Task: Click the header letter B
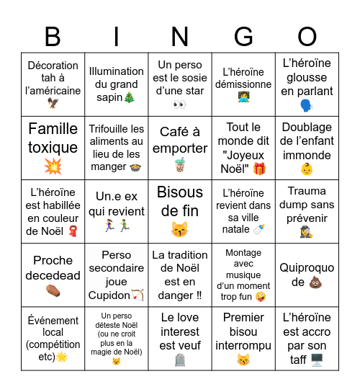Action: (x=53, y=36)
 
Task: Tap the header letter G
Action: (x=243, y=36)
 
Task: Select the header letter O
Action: (x=307, y=36)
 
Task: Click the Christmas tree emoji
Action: (x=129, y=97)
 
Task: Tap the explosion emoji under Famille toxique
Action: (x=53, y=166)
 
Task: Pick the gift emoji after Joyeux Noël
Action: (x=259, y=168)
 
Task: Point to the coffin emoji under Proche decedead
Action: (x=53, y=293)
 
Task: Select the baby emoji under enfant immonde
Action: (x=307, y=169)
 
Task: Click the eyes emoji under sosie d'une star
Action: (x=180, y=104)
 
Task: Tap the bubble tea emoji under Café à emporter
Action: (x=180, y=166)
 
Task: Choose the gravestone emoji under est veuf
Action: (x=180, y=359)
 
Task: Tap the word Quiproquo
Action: (x=307, y=268)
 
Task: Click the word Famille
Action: (x=53, y=129)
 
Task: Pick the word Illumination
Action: (x=117, y=71)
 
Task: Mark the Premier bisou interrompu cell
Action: (x=243, y=339)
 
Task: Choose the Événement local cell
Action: (x=53, y=339)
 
